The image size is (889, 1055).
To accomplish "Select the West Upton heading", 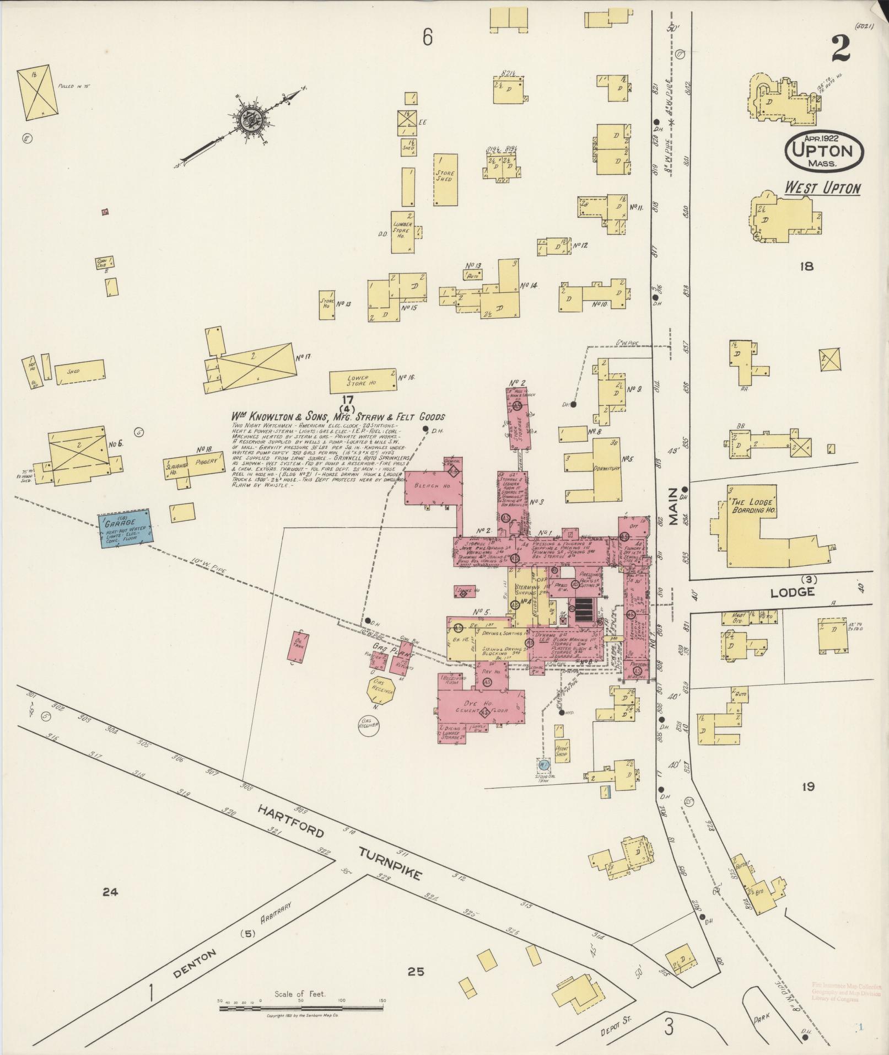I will [x=822, y=188].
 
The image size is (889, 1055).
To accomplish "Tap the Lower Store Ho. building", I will [x=362, y=381].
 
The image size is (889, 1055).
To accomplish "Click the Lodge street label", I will [x=793, y=592].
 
